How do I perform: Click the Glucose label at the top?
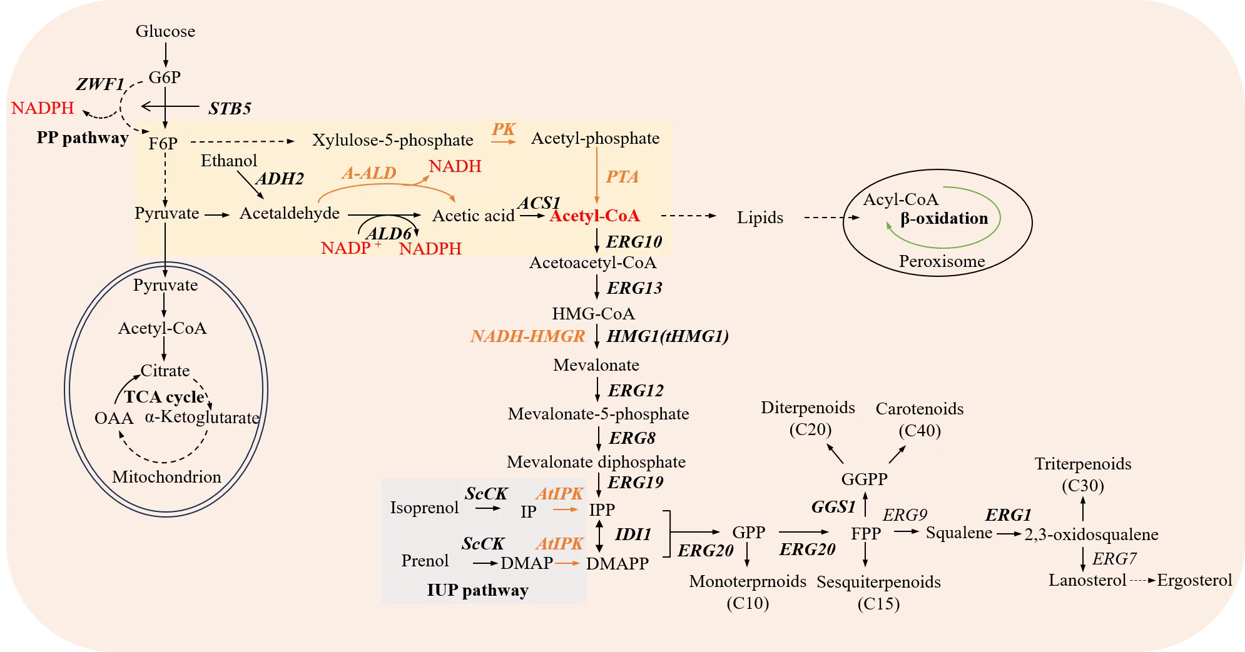tap(165, 31)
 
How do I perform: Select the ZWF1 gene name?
tap(100, 84)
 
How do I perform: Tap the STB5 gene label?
tap(230, 109)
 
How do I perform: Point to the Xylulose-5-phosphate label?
tap(392, 140)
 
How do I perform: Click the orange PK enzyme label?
tap(503, 129)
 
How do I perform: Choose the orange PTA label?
tap(622, 177)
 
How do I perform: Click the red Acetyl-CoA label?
tap(594, 216)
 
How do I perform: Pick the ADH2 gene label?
tap(280, 179)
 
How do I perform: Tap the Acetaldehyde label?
tap(289, 214)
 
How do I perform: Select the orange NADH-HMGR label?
tap(527, 336)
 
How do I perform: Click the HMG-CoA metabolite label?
tap(593, 314)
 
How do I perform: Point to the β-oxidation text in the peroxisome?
tap(944, 219)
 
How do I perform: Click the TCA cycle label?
tap(164, 397)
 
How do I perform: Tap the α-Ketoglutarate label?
tap(201, 418)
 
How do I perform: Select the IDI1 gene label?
tap(633, 534)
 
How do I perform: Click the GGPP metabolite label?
tap(864, 479)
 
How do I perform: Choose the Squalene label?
tap(958, 533)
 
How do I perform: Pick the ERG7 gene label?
tap(1114, 558)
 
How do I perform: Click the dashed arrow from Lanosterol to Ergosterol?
tap(1142, 581)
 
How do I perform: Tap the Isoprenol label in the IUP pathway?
tap(424, 508)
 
